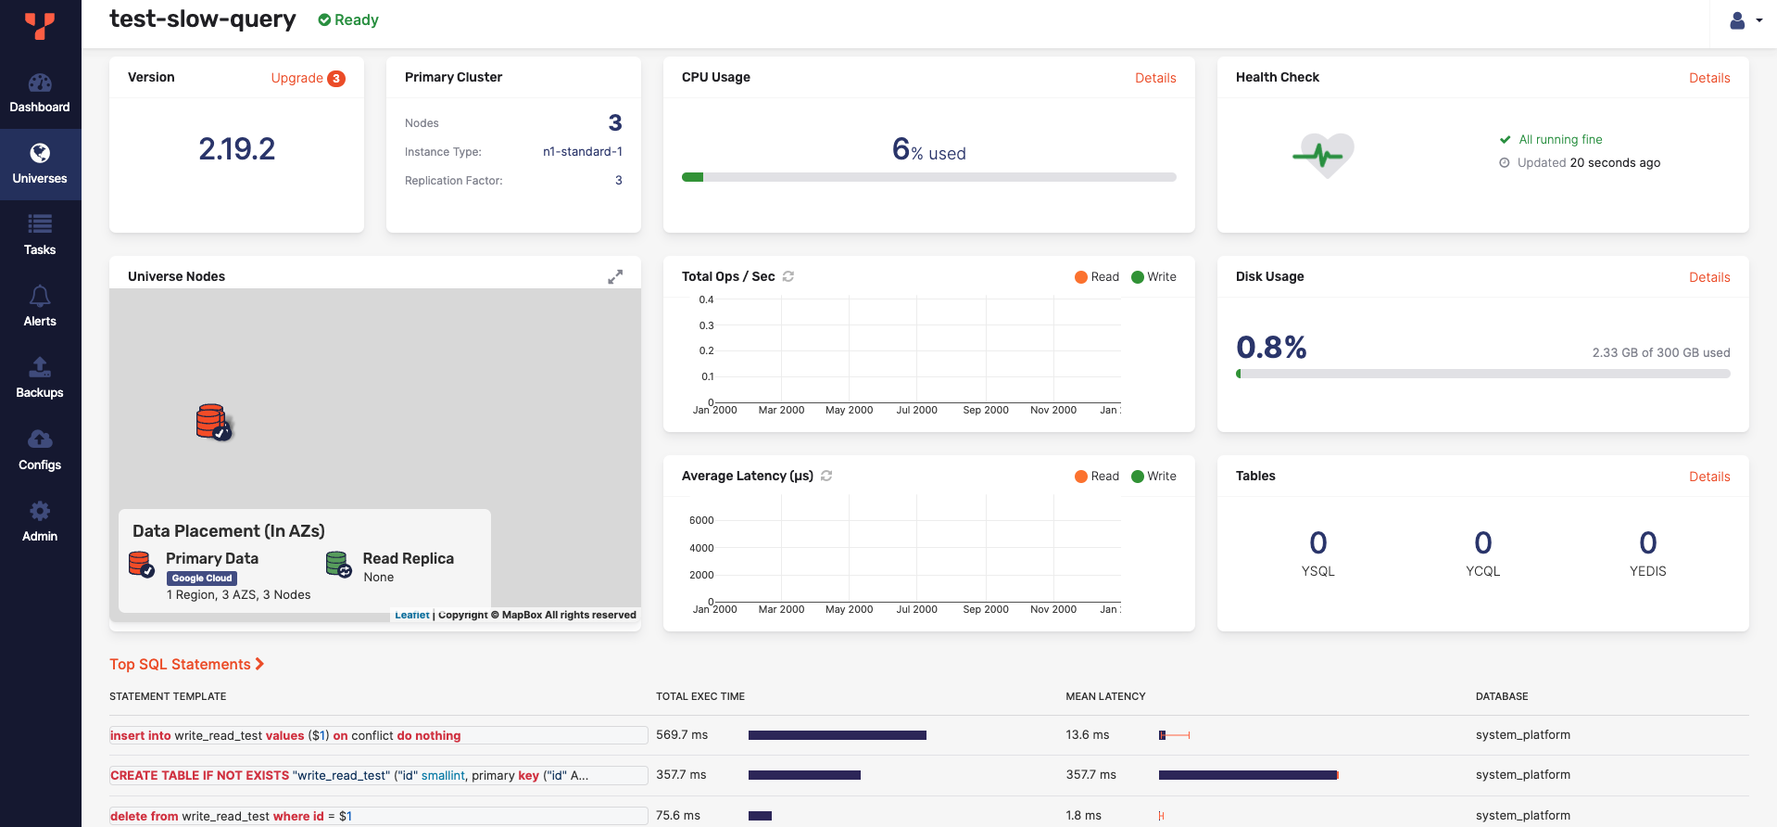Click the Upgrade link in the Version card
click(x=297, y=78)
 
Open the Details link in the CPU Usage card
click(x=1155, y=78)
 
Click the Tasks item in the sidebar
click(x=40, y=235)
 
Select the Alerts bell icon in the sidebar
click(x=40, y=297)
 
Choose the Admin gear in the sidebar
click(x=40, y=511)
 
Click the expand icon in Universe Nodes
click(x=615, y=276)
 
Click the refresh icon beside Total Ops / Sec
click(x=788, y=276)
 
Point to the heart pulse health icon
click(x=1324, y=155)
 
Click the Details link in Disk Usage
click(x=1708, y=277)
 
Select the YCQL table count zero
click(x=1482, y=542)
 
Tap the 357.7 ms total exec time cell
click(x=681, y=774)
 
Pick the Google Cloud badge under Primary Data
click(x=202, y=578)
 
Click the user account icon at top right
click(x=1737, y=20)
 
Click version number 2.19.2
click(x=237, y=148)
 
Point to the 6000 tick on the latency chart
click(x=701, y=520)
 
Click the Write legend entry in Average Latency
click(x=1153, y=476)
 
